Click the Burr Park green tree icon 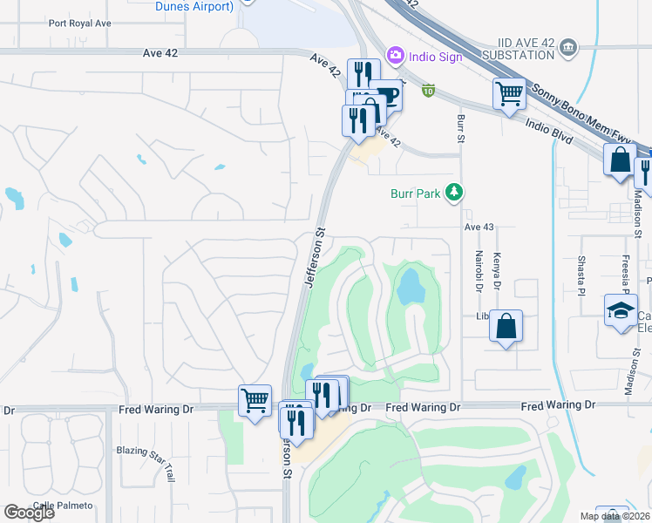453,192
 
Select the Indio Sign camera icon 396,55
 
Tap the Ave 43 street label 479,227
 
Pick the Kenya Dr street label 497,268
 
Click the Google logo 29,513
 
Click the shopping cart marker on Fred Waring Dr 255,401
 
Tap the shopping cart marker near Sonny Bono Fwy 509,92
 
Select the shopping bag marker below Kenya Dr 506,327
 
